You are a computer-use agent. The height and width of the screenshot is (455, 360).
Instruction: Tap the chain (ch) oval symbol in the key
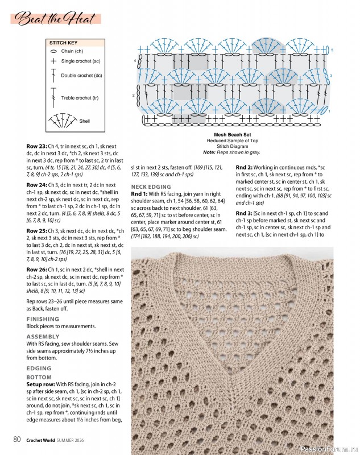click(x=53, y=51)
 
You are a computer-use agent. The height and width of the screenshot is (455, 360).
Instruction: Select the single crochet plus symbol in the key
click(x=53, y=60)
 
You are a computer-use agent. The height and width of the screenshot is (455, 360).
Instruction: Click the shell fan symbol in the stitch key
click(x=61, y=119)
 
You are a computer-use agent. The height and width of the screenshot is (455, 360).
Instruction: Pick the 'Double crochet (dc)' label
click(x=81, y=75)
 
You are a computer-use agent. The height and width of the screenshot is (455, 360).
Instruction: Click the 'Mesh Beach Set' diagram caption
click(x=231, y=134)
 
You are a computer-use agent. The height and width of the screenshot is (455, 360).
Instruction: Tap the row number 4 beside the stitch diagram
click(x=135, y=60)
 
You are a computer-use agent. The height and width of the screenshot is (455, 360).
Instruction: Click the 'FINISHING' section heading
click(x=42, y=319)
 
